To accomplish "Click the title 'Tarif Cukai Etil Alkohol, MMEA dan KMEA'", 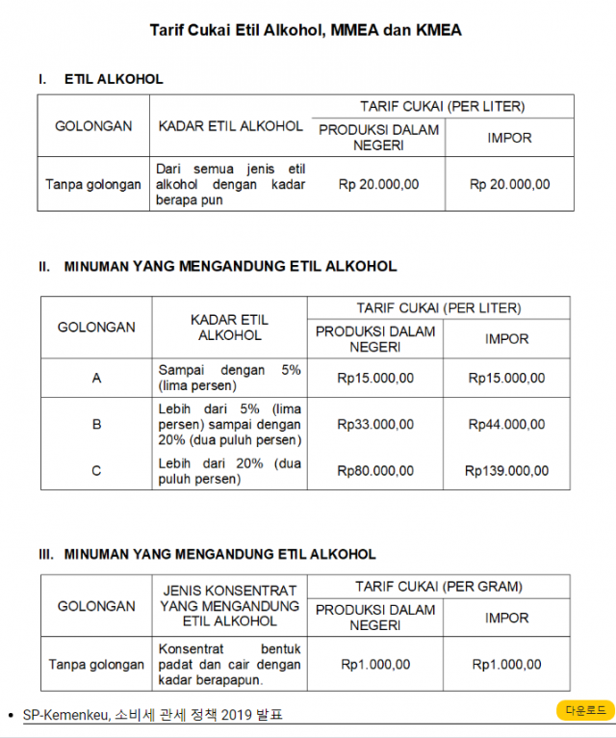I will point(306,31).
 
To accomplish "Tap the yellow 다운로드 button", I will point(585,710).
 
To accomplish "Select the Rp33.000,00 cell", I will point(375,424).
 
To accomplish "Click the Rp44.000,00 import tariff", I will point(506,424).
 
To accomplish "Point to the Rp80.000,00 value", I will point(375,471).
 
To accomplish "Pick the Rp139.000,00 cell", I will point(506,471).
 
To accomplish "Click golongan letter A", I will point(96,379).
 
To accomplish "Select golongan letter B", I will point(96,424).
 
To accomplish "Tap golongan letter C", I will point(96,471).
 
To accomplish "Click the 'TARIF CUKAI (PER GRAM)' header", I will point(439,586).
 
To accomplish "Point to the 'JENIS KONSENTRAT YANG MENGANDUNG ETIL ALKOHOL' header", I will point(229,606).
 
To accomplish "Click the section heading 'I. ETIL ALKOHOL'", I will point(101,79).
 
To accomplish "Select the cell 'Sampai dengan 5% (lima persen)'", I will point(229,378).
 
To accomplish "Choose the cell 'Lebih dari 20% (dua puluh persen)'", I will point(229,471).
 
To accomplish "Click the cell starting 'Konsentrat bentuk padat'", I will point(229,665).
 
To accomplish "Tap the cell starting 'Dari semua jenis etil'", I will point(230,184).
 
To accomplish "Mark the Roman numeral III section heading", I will point(207,554).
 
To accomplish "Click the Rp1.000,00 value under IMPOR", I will point(506,665).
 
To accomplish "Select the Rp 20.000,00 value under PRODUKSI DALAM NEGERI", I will point(378,184).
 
